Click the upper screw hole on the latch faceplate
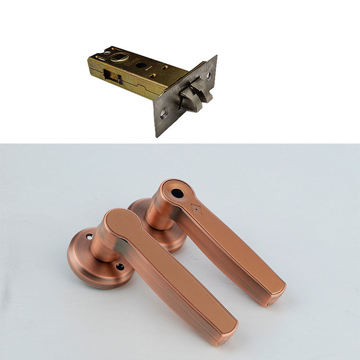[x=209, y=75]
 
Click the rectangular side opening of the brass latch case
[x=110, y=77]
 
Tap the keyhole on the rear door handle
[x=177, y=193]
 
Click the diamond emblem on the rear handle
[x=196, y=209]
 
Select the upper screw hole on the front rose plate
[x=89, y=237]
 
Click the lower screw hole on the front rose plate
[x=120, y=266]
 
